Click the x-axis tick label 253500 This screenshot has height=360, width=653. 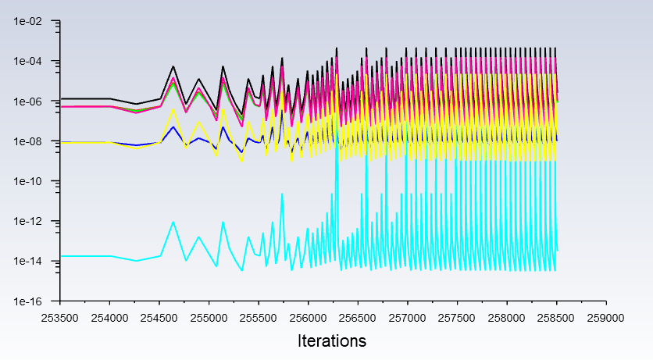pos(60,318)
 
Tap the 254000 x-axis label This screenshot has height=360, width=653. pos(109,318)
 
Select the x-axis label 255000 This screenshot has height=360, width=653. pos(209,318)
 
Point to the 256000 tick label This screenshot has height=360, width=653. pos(308,318)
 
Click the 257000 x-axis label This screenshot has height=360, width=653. pos(407,318)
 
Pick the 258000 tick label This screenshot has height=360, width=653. pos(506,318)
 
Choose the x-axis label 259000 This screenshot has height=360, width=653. pos(605,318)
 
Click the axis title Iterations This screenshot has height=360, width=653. pos(332,341)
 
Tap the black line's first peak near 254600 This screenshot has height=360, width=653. pos(173,66)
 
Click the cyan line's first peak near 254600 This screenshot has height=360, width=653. pos(173,222)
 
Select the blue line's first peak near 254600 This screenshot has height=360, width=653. pos(173,127)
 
